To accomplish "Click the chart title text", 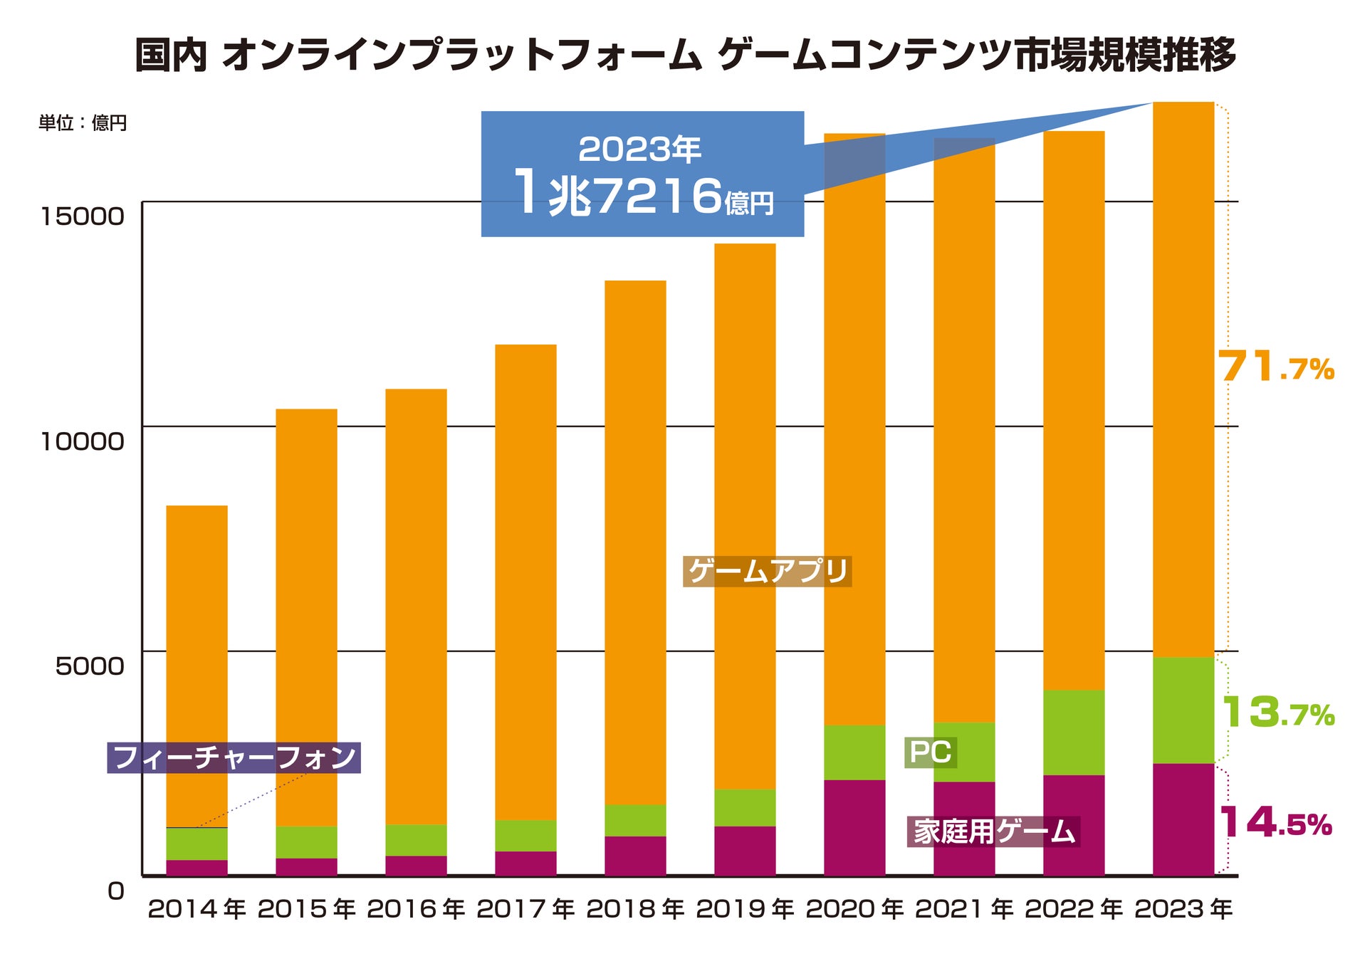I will click(685, 56).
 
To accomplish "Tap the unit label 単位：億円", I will click(83, 123).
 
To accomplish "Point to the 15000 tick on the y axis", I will click(82, 216).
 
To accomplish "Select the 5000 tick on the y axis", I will click(89, 666).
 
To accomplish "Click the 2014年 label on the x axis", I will click(197, 909).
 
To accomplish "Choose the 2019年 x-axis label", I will click(745, 909).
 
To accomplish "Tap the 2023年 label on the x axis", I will click(1183, 909).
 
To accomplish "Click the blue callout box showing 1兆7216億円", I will click(642, 174).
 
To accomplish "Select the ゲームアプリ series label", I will click(767, 571).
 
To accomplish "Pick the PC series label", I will click(930, 752).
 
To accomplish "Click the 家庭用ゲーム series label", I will click(993, 831).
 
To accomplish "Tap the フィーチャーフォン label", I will click(234, 757).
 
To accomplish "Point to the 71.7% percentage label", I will click(1275, 367).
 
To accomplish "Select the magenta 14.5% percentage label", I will click(1275, 823).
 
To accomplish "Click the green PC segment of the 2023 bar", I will click(1183, 710).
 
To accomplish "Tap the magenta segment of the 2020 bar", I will click(854, 827).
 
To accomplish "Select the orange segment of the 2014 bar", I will click(197, 666).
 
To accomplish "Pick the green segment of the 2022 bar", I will click(1074, 732).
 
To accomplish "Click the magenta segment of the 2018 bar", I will click(635, 856).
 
